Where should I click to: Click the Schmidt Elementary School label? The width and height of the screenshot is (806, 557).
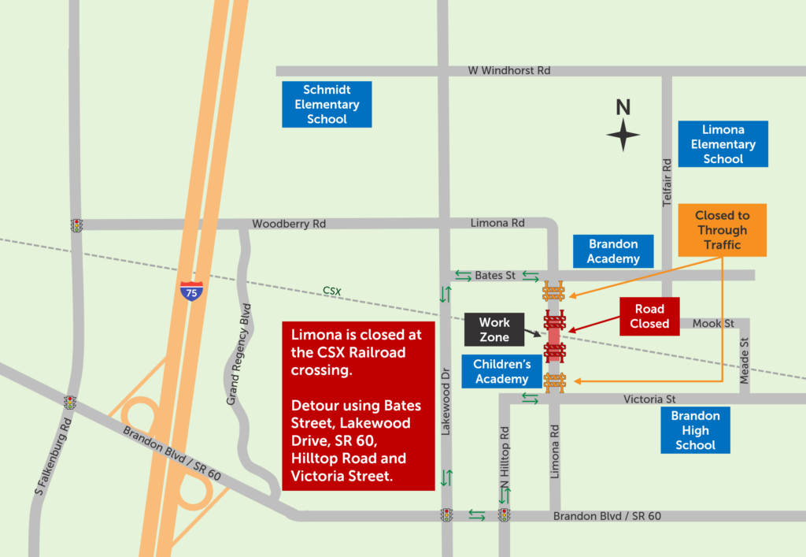pos(327,105)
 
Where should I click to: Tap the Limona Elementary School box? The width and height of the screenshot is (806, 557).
pos(723,144)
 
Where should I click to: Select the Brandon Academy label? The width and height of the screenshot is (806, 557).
pos(614,251)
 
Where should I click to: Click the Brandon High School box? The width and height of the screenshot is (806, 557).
pos(696,430)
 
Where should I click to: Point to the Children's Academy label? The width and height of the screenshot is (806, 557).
pos(502,372)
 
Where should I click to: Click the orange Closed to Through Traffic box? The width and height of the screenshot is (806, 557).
pos(722,230)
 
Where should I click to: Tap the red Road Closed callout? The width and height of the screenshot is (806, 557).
pos(649,317)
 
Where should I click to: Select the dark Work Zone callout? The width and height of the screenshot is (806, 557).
pos(494,330)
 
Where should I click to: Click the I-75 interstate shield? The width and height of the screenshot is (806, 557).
pos(190,291)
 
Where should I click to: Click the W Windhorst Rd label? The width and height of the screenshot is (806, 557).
pos(508,71)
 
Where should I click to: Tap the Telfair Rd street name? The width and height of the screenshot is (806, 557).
pos(667,182)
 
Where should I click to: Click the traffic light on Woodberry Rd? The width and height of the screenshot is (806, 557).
pos(76,225)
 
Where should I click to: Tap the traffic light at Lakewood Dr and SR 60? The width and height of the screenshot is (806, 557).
pos(447,515)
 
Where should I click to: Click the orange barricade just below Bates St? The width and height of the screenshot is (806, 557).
pos(553,292)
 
